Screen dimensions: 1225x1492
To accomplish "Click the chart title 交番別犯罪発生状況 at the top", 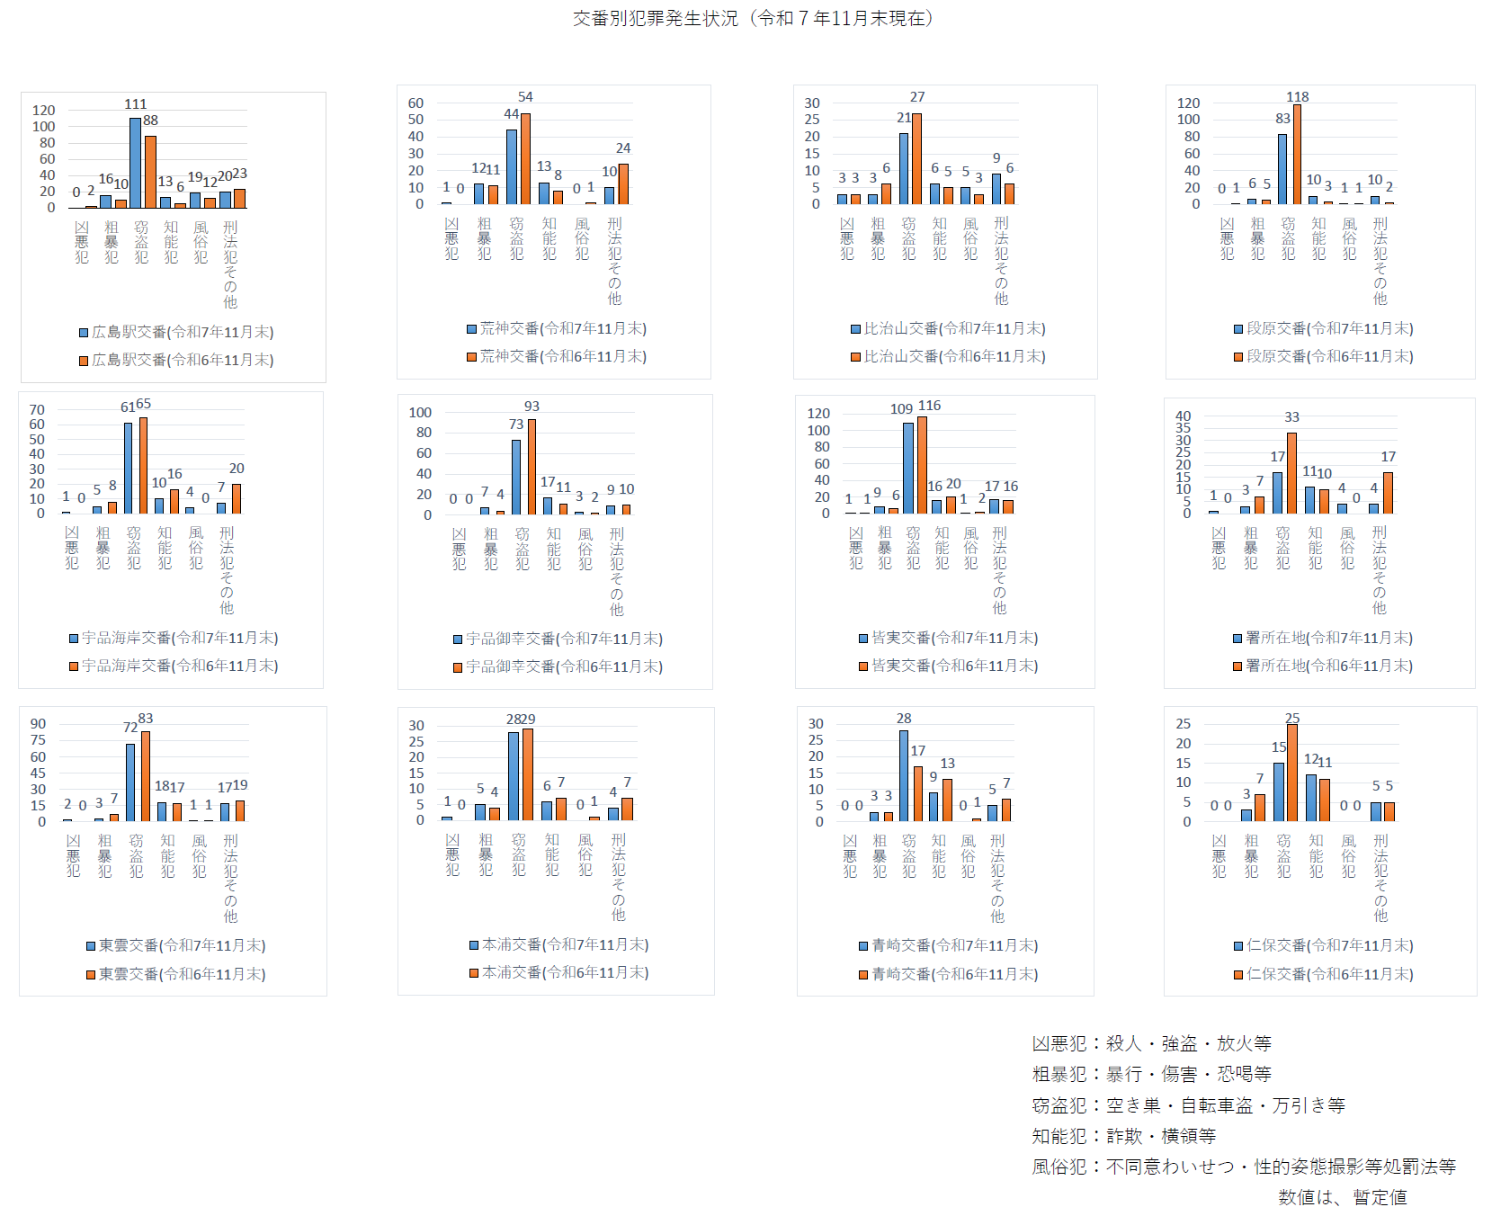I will [x=754, y=18].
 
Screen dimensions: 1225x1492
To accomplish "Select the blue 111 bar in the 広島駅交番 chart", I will [x=135, y=163].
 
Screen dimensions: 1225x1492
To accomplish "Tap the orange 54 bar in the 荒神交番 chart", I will [x=525, y=159].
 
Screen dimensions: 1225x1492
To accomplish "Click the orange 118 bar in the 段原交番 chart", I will [x=1297, y=155].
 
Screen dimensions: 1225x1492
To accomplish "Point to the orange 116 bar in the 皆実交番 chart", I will [x=922, y=465].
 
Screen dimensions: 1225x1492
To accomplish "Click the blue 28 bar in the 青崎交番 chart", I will [x=903, y=775].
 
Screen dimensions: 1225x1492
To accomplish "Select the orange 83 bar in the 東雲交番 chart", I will [x=146, y=775].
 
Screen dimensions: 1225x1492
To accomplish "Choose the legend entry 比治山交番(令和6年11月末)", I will [x=949, y=357].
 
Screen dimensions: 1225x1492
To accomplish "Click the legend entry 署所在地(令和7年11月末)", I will [x=1323, y=638].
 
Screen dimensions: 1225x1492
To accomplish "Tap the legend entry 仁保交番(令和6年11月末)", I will [x=1324, y=974].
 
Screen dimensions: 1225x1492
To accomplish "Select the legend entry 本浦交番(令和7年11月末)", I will [x=559, y=944].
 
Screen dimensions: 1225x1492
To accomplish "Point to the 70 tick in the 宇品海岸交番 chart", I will [x=37, y=410].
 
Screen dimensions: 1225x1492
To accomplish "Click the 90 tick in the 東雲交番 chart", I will [x=38, y=724].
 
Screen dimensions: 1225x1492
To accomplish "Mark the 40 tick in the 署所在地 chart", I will [x=1183, y=416].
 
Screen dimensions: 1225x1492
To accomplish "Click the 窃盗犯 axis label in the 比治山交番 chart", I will [x=908, y=238].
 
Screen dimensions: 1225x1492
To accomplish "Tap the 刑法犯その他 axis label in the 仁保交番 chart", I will [x=1380, y=878].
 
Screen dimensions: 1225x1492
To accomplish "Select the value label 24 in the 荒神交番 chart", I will [x=623, y=148].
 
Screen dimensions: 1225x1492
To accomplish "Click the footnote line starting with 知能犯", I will [x=1123, y=1136].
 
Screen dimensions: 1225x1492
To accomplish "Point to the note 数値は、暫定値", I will [x=1342, y=1197].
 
